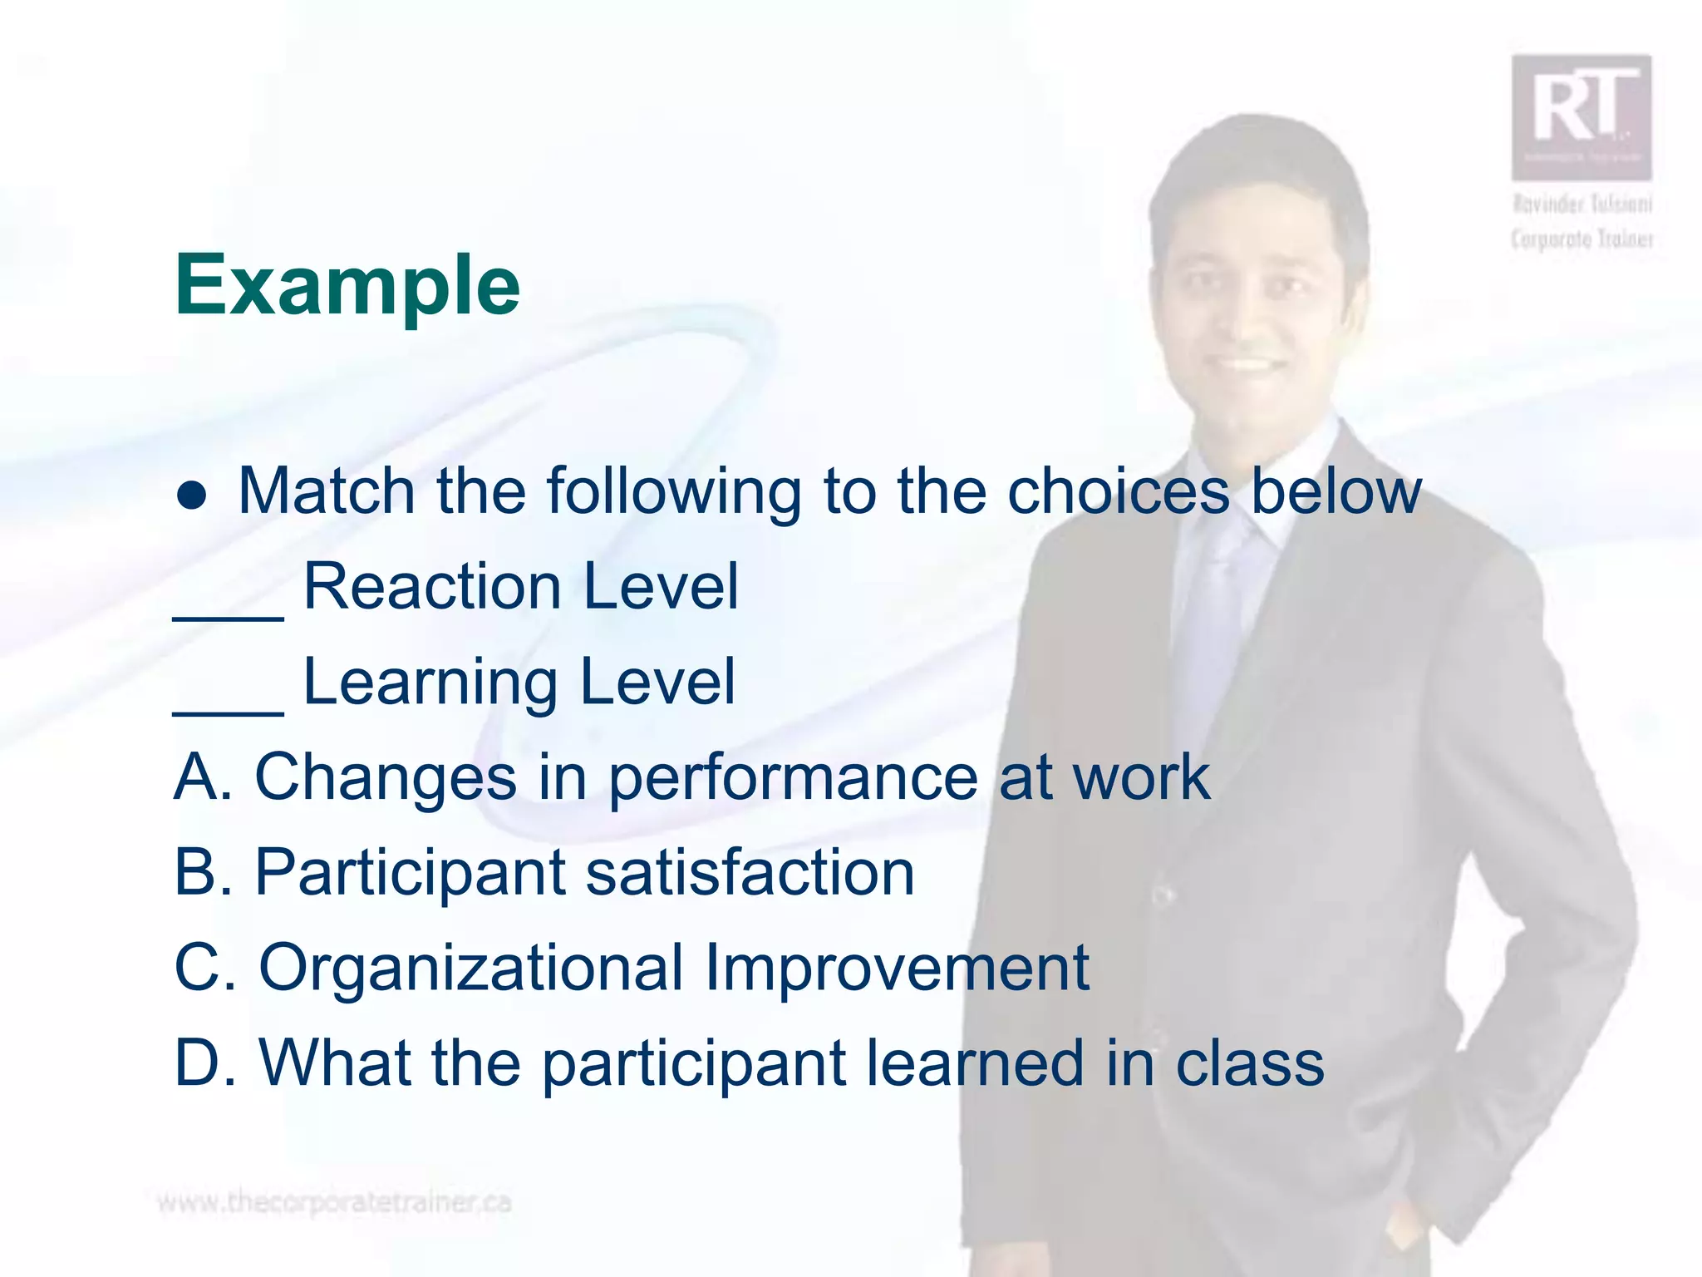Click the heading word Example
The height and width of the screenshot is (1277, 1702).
point(347,285)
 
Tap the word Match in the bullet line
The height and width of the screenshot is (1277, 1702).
point(326,491)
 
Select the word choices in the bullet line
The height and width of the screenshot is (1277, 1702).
point(1118,491)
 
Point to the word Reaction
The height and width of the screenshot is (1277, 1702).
point(432,586)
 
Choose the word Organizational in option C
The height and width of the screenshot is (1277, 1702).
point(470,969)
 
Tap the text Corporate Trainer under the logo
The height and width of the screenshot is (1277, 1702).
point(1581,239)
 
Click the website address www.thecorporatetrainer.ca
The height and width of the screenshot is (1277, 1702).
point(334,1202)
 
